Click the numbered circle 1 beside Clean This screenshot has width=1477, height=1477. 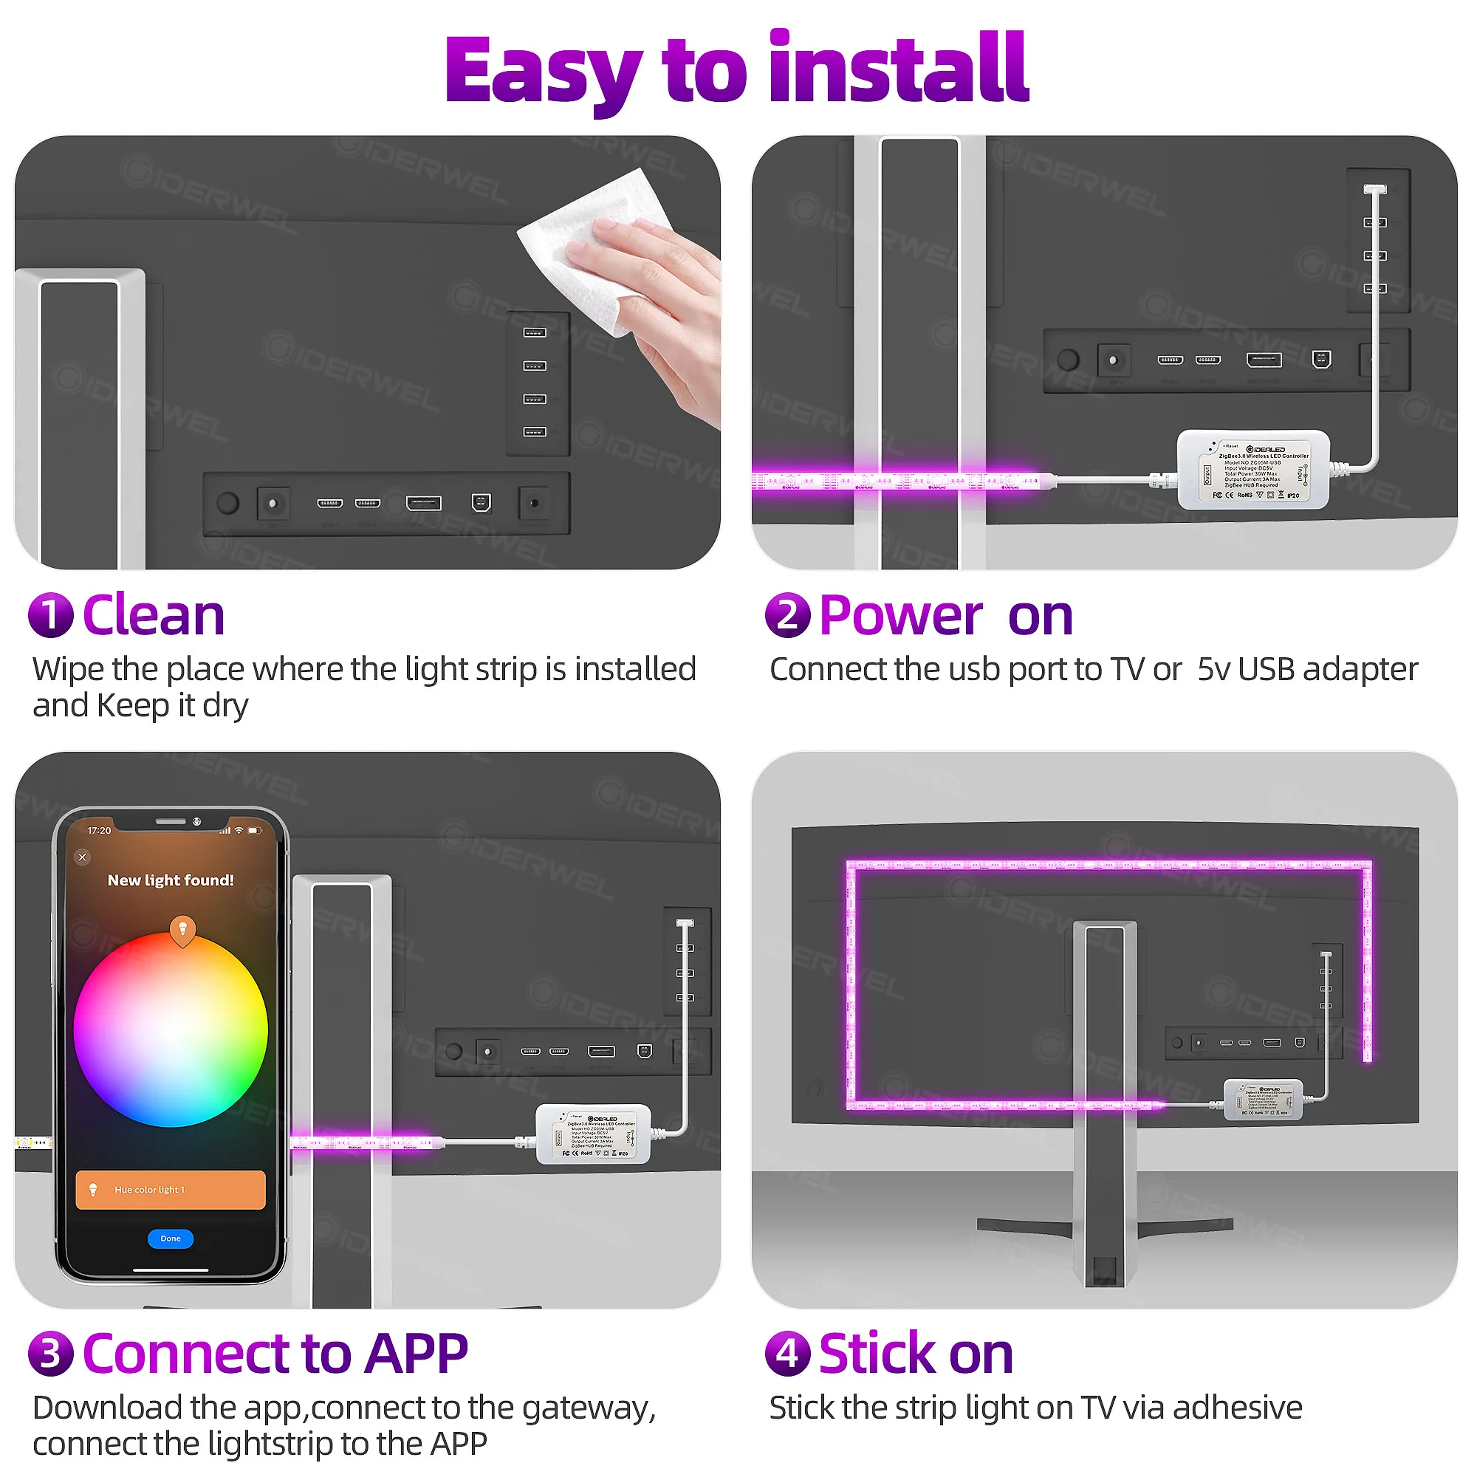point(50,615)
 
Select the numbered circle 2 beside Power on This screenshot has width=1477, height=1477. point(787,615)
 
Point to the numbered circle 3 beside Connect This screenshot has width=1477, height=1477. point(50,1353)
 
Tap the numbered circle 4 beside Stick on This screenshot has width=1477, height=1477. point(787,1353)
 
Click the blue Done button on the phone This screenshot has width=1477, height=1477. point(171,1238)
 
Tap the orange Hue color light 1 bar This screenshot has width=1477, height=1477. point(171,1190)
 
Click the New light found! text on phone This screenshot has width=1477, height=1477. point(171,880)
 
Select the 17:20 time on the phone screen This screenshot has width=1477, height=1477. point(100,830)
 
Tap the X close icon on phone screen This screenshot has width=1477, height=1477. point(83,857)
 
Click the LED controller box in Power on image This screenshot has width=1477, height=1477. point(1254,470)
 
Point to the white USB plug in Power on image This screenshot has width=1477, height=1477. point(1374,190)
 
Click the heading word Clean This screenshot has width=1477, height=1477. point(154,615)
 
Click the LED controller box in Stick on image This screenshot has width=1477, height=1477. point(1263,1100)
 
